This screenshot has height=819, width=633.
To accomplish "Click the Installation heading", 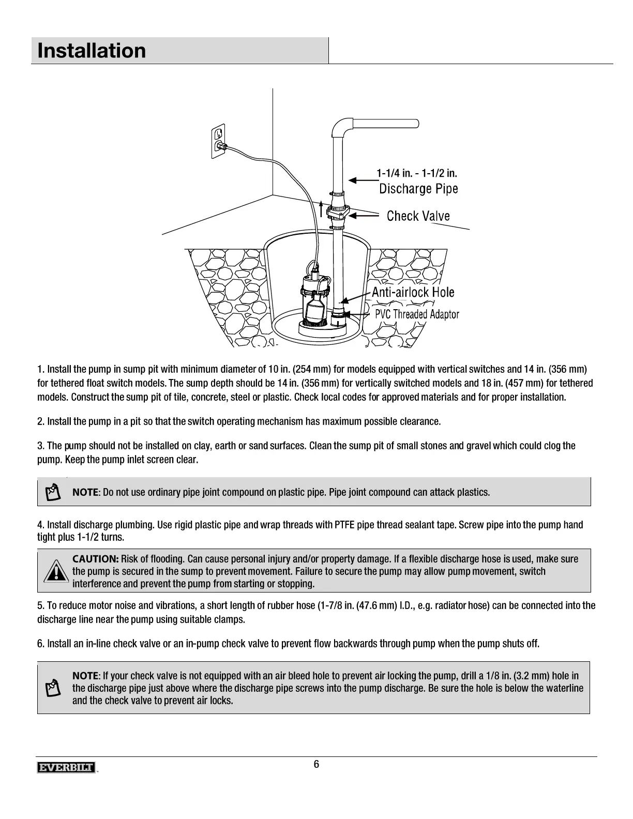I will pyautogui.click(x=92, y=51).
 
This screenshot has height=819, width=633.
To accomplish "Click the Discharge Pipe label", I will pyautogui.click(x=418, y=189).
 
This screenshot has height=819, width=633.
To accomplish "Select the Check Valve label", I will pyautogui.click(x=418, y=216).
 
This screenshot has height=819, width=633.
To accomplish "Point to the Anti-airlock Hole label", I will pyautogui.click(x=413, y=292).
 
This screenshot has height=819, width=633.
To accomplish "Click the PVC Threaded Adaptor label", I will pyautogui.click(x=416, y=314).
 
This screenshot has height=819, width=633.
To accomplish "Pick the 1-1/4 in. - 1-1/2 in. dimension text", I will pyautogui.click(x=416, y=173).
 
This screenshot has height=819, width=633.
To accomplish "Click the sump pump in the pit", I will pyautogui.click(x=314, y=302).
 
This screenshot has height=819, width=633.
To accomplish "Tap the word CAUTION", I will pyautogui.click(x=96, y=559).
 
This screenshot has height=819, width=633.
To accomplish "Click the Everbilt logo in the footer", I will pyautogui.click(x=66, y=768).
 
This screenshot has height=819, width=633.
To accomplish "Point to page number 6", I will pyautogui.click(x=316, y=765).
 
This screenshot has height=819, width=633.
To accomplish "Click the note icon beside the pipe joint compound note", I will pyautogui.click(x=52, y=492).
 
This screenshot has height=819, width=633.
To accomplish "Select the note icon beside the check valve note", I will pyautogui.click(x=52, y=688).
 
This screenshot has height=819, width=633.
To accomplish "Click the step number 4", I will pyautogui.click(x=40, y=525).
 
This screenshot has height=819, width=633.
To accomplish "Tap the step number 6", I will pyautogui.click(x=40, y=644).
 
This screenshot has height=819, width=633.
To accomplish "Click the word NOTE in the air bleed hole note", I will pyautogui.click(x=85, y=676).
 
